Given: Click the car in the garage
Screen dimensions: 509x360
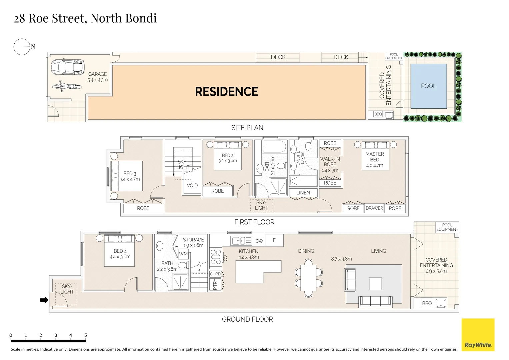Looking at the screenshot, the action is (x=67, y=67).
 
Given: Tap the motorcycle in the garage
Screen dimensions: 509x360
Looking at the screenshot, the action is (x=67, y=86).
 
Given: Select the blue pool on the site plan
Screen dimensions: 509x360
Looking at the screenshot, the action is (x=429, y=86).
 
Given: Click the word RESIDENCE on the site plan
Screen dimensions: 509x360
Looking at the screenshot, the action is (x=227, y=92).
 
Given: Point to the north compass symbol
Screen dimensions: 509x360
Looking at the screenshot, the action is (x=22, y=47).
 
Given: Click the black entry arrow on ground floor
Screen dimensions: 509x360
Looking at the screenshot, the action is (x=44, y=300).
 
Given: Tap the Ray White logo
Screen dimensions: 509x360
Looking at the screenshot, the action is (x=478, y=335).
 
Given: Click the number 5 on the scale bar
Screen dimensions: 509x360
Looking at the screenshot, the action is (x=86, y=335).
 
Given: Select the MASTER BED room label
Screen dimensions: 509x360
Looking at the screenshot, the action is (x=374, y=157).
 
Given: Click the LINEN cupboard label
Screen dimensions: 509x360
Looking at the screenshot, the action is (x=303, y=193).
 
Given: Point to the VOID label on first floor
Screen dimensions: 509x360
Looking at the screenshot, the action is (x=192, y=185).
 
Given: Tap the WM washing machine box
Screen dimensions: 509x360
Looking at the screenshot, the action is (x=183, y=254).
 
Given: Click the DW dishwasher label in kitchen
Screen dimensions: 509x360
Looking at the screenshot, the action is (x=259, y=241).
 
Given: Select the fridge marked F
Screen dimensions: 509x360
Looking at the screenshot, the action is (x=274, y=240).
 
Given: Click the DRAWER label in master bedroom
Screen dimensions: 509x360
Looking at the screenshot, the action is (x=374, y=208).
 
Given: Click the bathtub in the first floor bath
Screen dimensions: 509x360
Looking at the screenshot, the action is (x=274, y=147).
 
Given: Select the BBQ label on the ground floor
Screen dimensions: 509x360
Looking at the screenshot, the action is (x=427, y=303).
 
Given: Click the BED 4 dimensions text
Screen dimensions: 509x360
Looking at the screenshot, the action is (x=120, y=257).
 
